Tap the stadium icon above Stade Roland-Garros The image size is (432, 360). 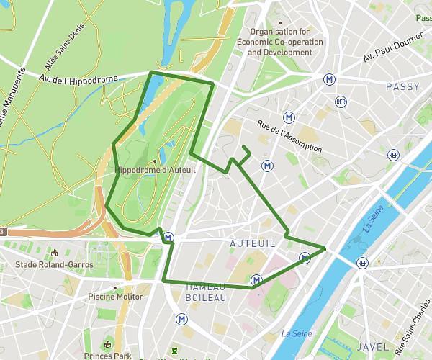[x=54, y=253]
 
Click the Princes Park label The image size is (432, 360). [x=107, y=356]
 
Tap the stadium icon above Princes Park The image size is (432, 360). [x=109, y=343]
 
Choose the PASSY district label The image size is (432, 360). [x=402, y=86]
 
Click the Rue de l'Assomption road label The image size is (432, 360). [x=289, y=137]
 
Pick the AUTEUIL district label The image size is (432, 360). [x=252, y=244]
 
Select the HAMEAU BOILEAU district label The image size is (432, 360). [x=206, y=292]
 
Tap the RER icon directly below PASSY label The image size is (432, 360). [x=393, y=154]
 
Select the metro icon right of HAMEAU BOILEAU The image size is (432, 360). [x=256, y=279]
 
